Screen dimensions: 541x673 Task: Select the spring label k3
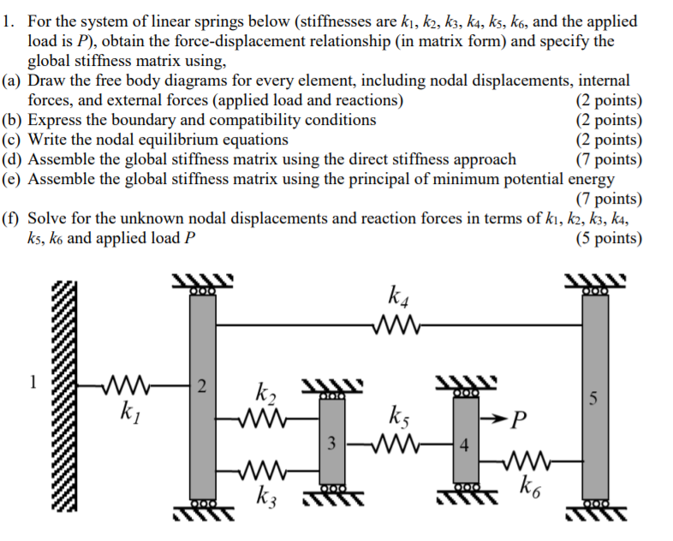click(266, 496)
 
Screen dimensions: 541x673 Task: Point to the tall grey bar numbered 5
click(596, 398)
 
